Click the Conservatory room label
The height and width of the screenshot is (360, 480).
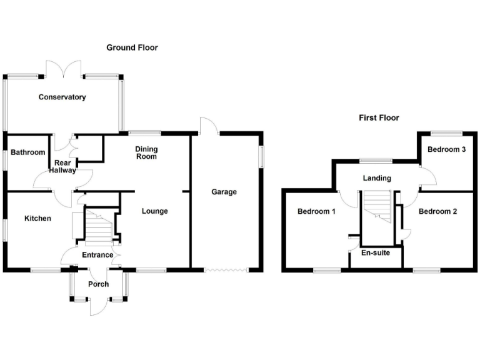(x=62, y=97)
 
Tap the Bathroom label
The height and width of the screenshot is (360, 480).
(x=27, y=152)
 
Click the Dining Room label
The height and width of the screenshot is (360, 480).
(x=147, y=152)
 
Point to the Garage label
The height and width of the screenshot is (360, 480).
(x=224, y=192)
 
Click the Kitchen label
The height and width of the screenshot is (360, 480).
(x=37, y=218)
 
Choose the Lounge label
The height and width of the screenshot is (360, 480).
(x=154, y=211)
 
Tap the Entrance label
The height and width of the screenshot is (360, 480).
(x=97, y=254)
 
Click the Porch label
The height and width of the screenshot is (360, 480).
(x=98, y=284)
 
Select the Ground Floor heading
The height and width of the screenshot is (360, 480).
(x=132, y=47)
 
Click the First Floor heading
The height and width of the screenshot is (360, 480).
(x=379, y=117)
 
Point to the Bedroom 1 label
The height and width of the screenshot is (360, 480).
(x=316, y=212)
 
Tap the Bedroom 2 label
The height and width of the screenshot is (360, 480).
(x=437, y=212)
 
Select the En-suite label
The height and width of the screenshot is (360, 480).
(x=376, y=253)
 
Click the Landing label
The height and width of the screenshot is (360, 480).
(x=377, y=178)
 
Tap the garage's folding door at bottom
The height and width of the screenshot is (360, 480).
(x=226, y=270)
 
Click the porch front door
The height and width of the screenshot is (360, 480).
(x=98, y=306)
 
